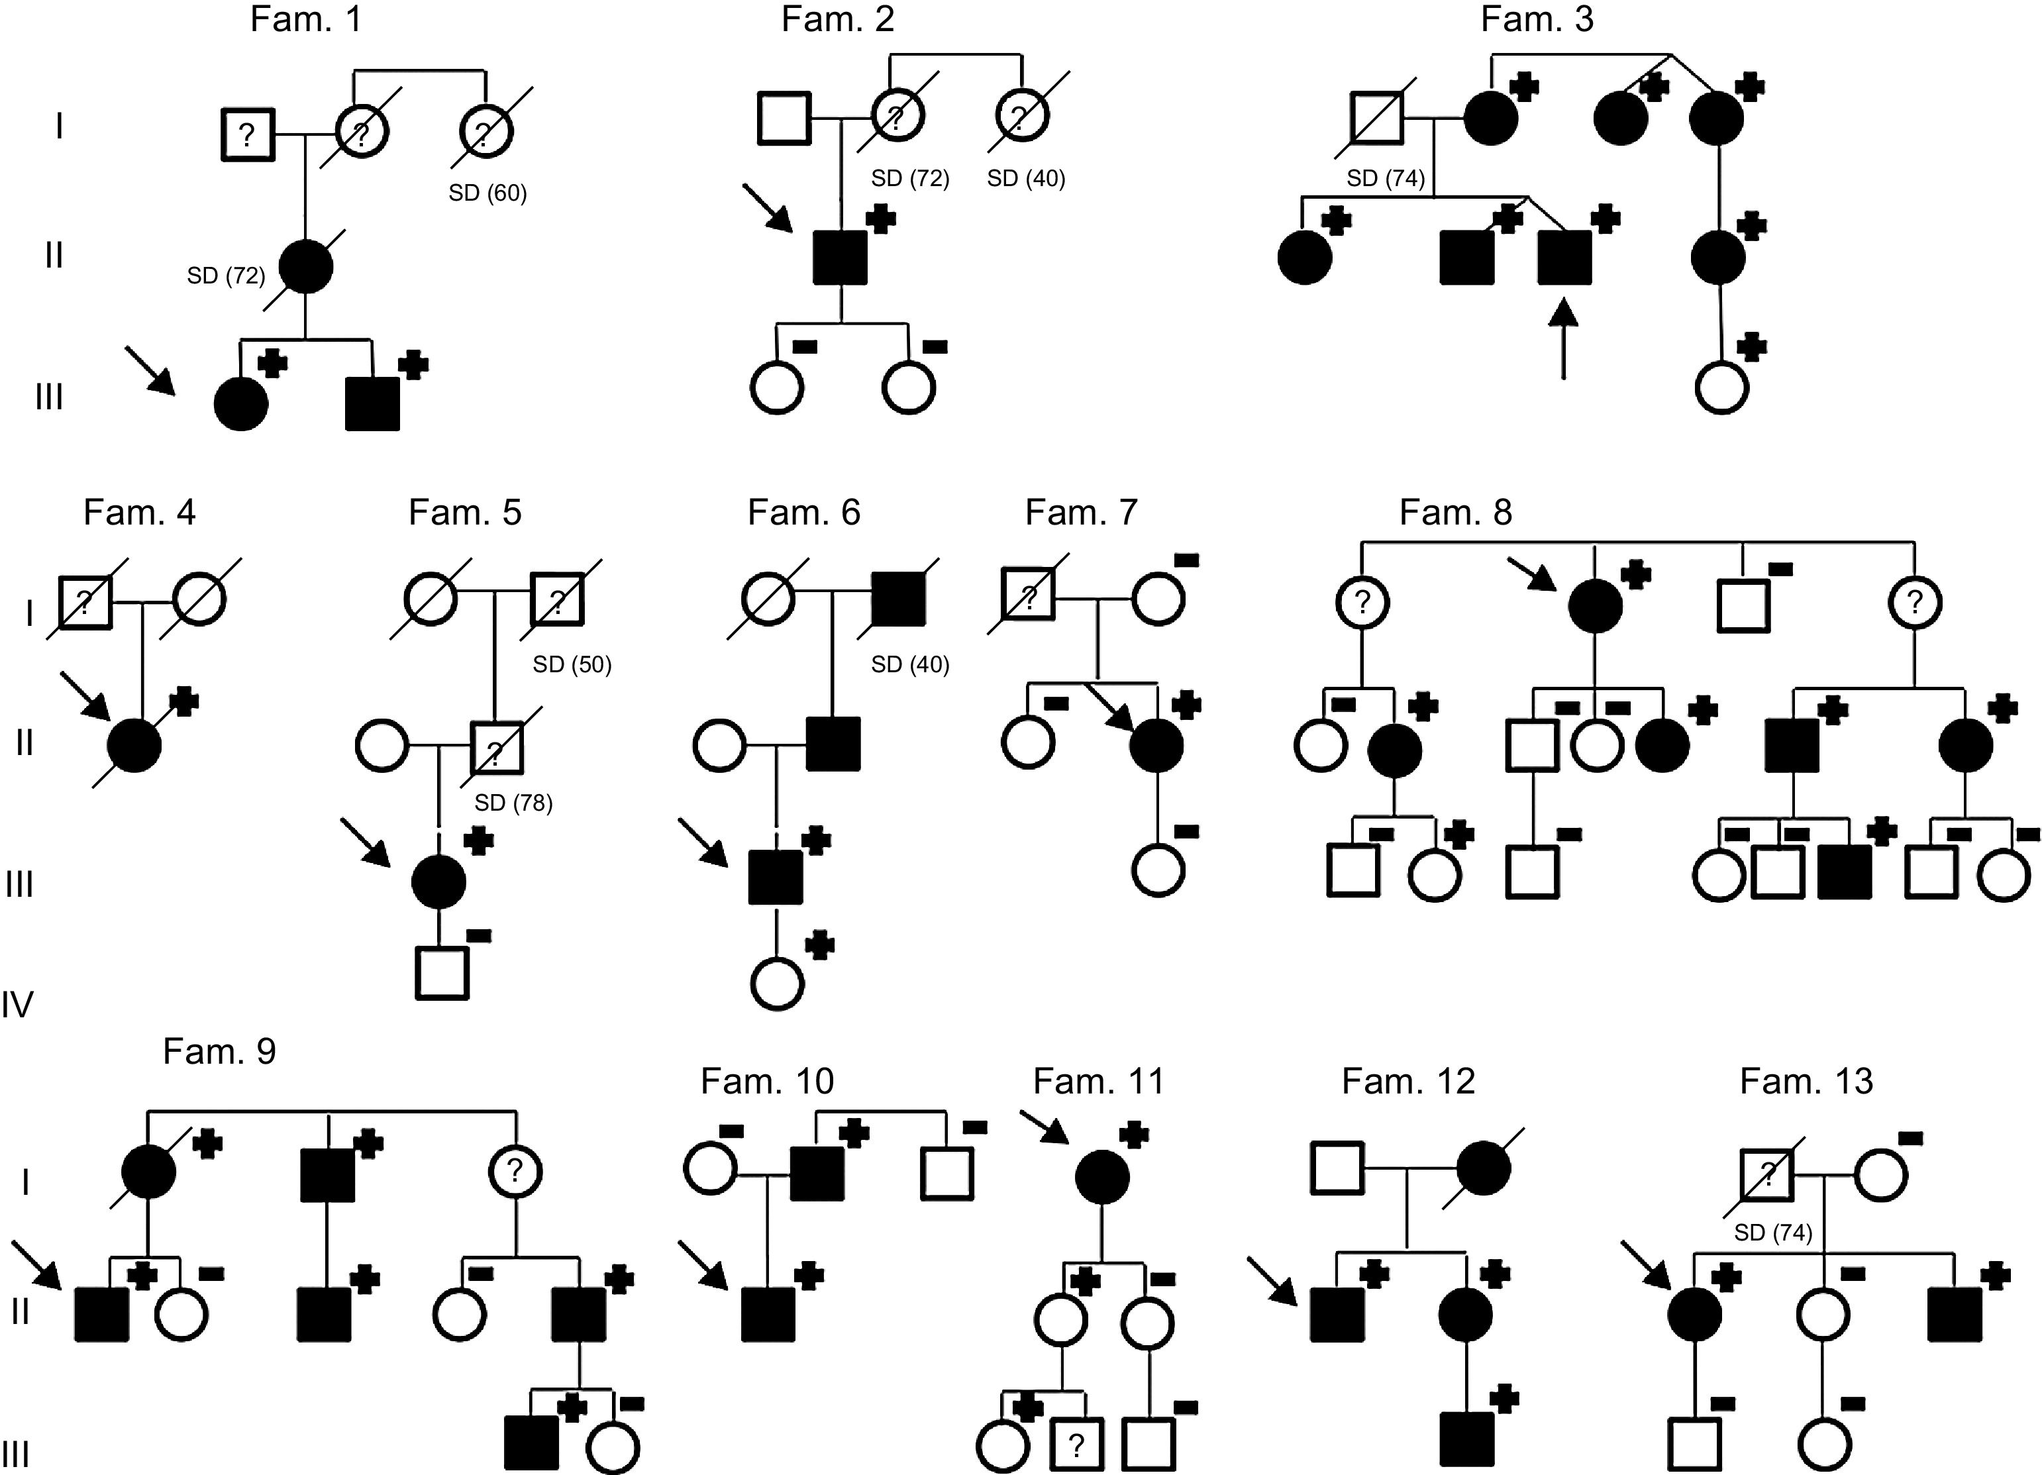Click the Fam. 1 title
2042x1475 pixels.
click(306, 20)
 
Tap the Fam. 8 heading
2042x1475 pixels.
click(1455, 513)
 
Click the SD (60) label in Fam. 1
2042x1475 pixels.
click(487, 193)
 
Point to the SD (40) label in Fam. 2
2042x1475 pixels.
click(1025, 178)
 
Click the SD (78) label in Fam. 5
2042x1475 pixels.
click(513, 802)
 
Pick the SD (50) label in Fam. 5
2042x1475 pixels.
click(572, 664)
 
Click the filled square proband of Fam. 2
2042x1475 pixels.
click(840, 258)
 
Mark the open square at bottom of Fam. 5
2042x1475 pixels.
click(441, 972)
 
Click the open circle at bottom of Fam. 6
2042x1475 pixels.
click(777, 984)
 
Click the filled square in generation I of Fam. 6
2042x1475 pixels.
click(897, 599)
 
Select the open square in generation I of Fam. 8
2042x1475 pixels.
click(1743, 605)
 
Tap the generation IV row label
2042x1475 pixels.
click(17, 1003)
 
